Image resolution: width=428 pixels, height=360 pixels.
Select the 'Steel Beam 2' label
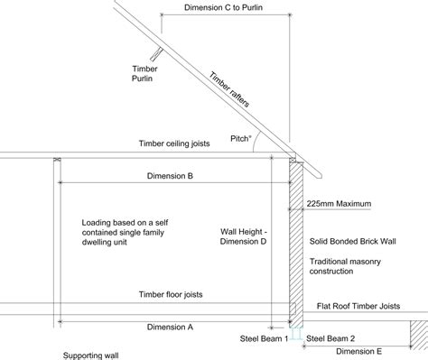pos(330,338)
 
